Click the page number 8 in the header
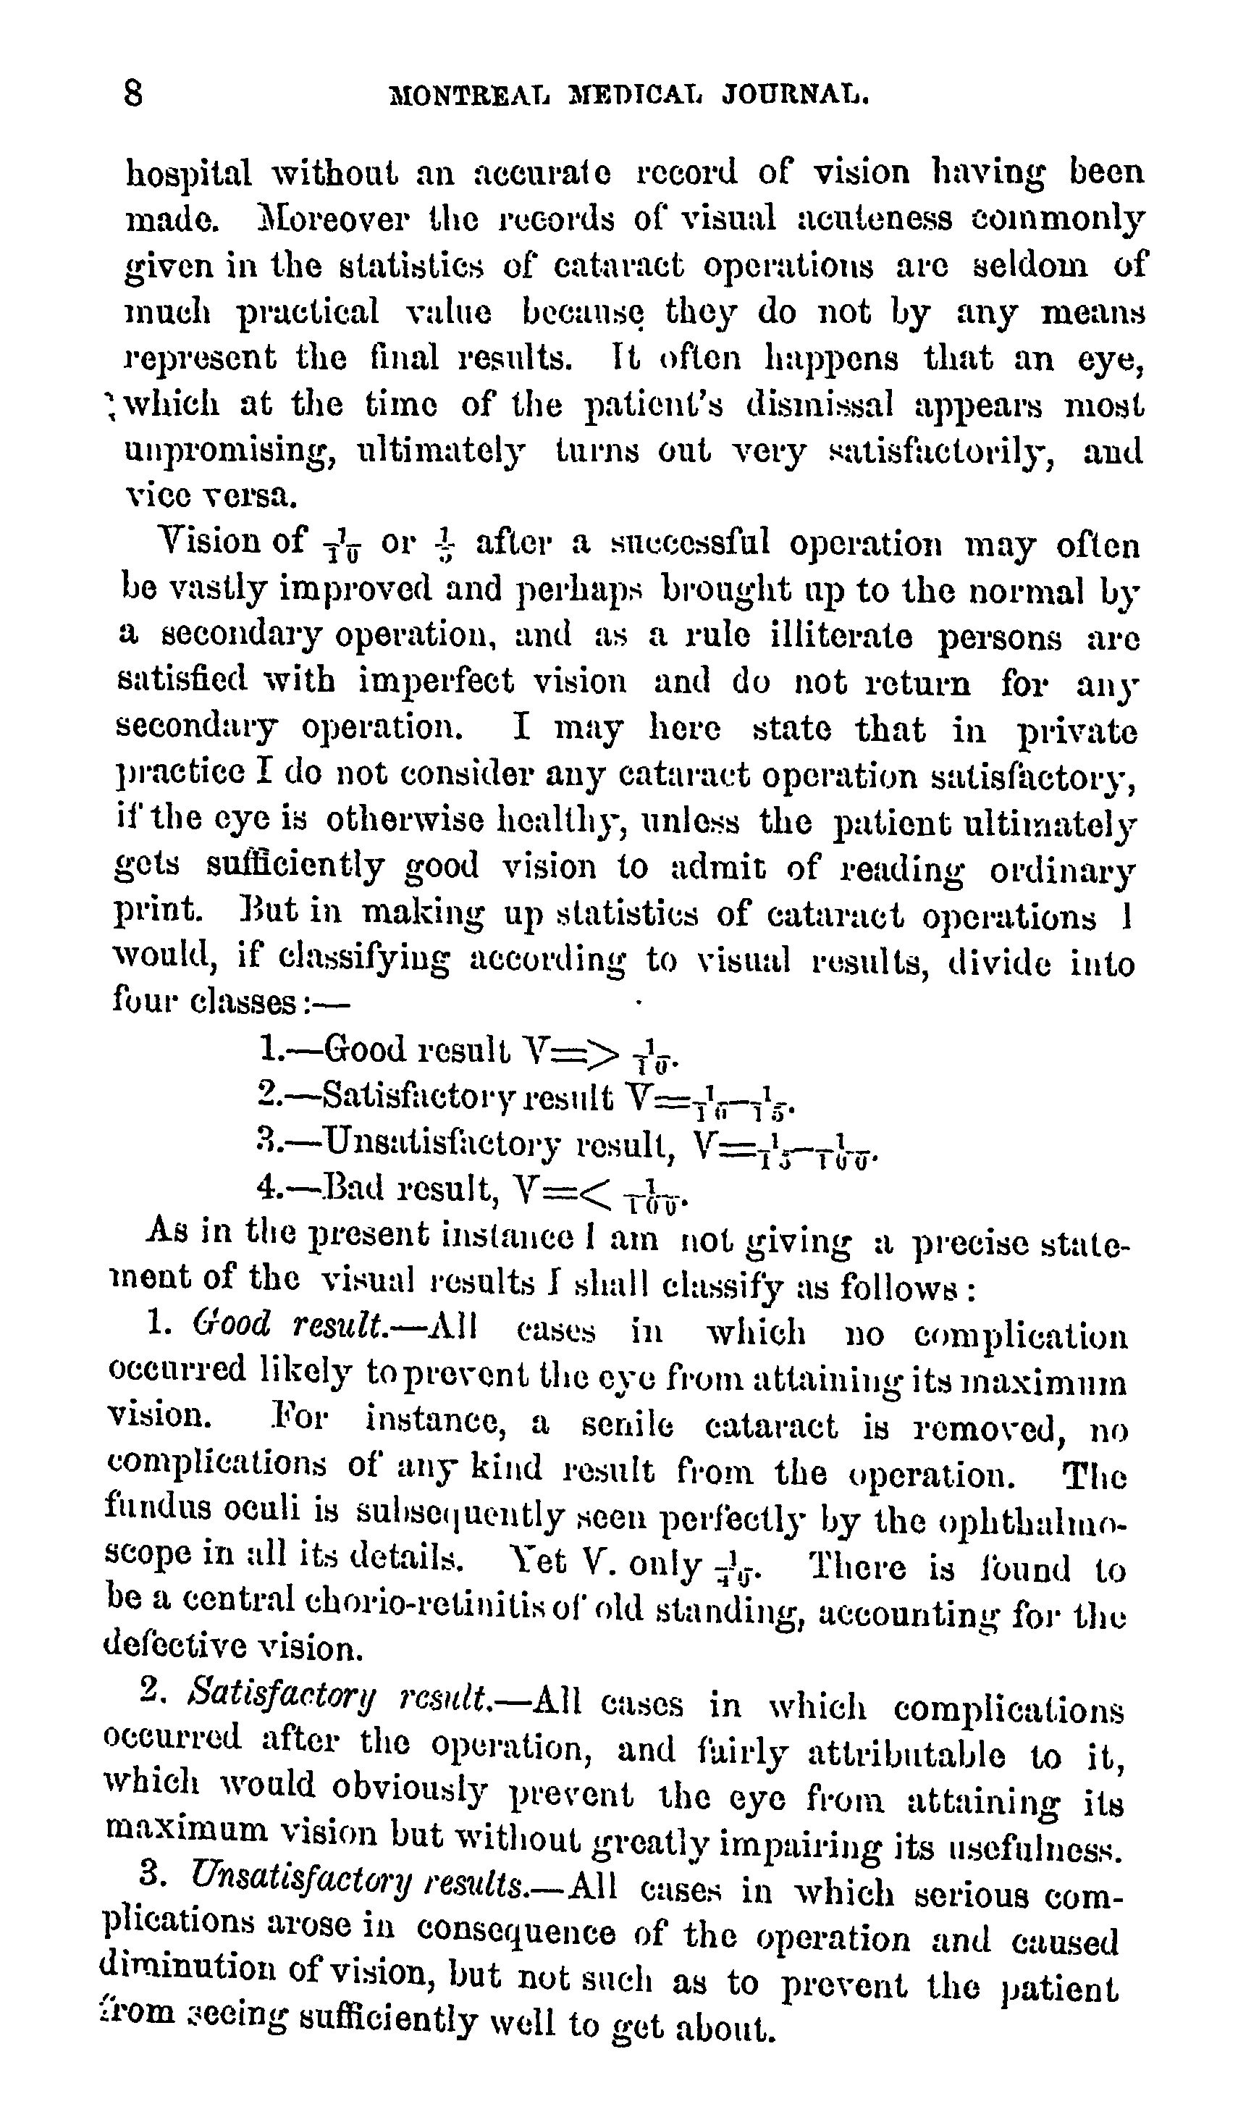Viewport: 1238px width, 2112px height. [133, 92]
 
